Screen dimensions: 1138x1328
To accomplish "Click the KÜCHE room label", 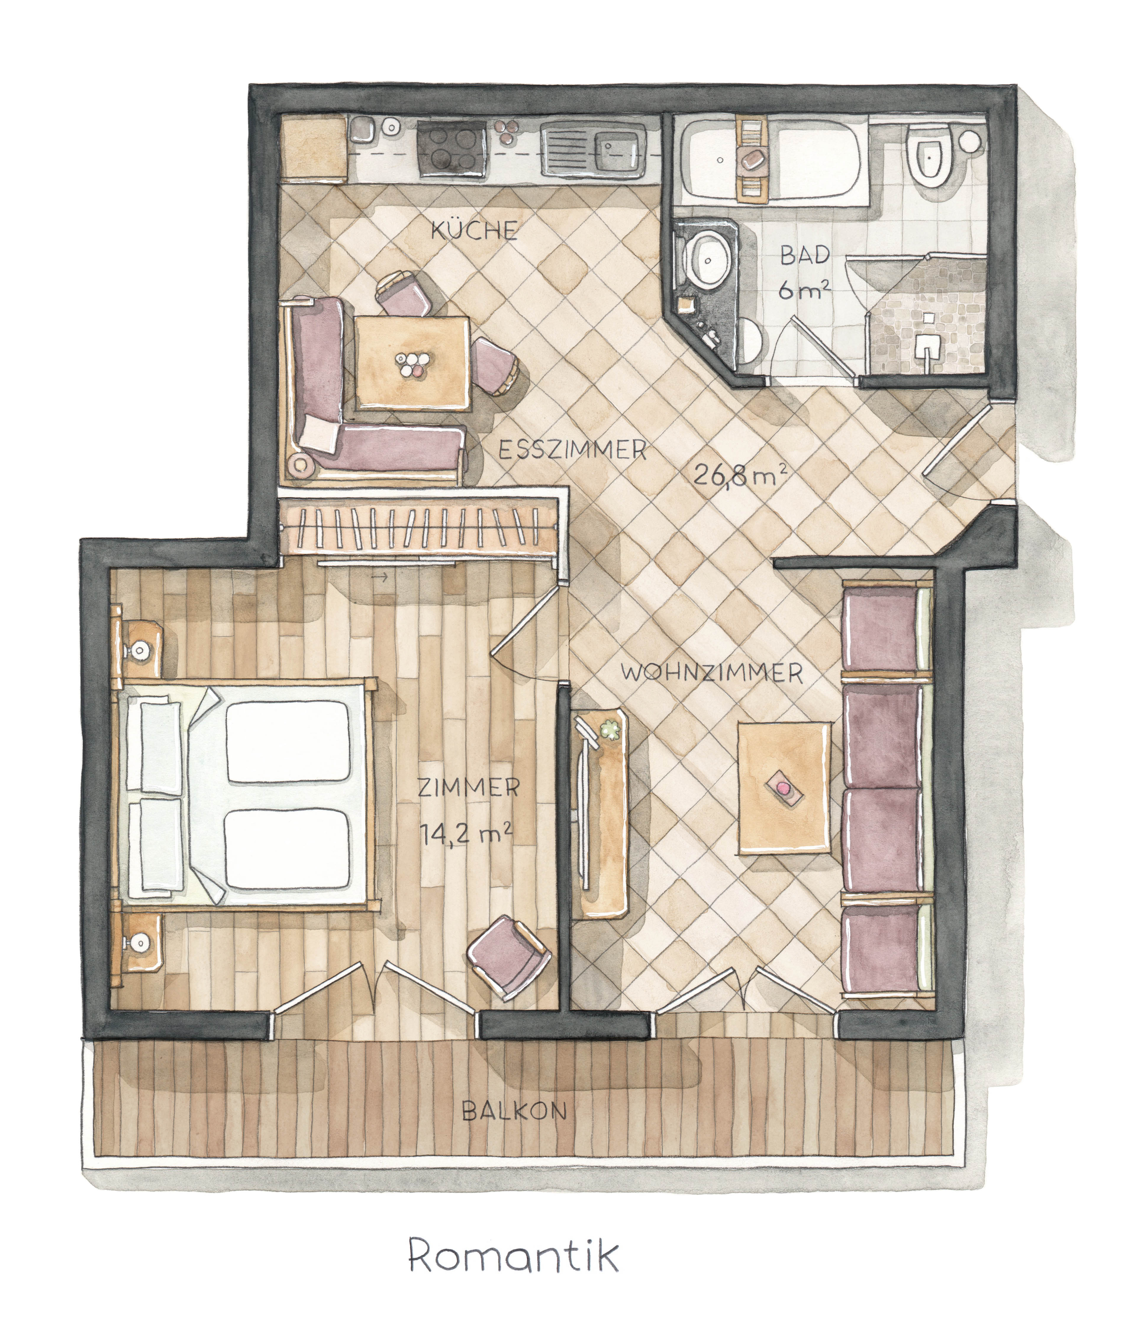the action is pos(473,229).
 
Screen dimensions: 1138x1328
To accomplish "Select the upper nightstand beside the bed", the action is pos(139,647).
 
